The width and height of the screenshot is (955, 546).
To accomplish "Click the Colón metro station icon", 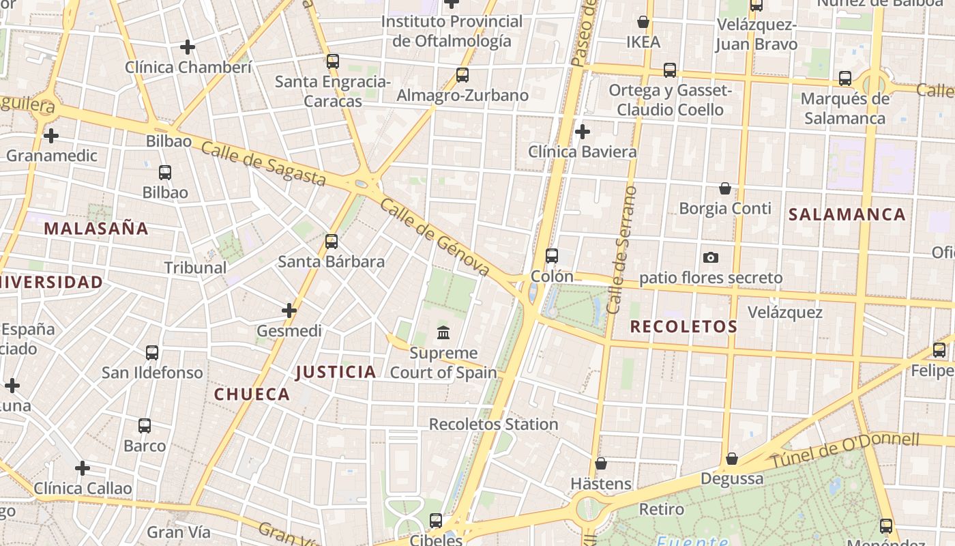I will point(552,256).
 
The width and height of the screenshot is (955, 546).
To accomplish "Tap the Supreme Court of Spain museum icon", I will point(443,333).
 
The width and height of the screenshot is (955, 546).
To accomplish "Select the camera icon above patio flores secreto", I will point(711,257).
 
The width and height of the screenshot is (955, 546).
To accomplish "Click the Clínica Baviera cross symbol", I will point(583,131).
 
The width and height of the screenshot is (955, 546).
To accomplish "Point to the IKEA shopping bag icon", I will point(643,22).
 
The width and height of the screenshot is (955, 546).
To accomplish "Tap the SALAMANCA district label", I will point(847,214).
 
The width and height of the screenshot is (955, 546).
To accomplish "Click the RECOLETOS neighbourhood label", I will point(684,326).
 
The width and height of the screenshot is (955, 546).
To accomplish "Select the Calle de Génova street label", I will point(435,237).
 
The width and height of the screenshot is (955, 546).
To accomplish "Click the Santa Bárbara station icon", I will point(332,241).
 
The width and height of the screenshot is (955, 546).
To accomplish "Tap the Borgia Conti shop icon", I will point(725,188).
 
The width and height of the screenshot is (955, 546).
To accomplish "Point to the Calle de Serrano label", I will point(622,250).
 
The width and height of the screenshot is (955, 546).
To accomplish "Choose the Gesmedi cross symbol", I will point(289,311).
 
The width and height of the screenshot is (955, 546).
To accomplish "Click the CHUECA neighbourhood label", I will point(252,394).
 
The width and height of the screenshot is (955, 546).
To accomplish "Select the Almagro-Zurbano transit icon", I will point(462,75).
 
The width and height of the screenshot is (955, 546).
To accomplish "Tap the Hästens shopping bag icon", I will point(601,463).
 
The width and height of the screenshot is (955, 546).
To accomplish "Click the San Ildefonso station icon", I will point(152,353).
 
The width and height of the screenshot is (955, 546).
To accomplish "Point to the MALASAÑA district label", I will point(96,228).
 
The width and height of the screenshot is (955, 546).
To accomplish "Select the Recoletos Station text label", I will point(493,424).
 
